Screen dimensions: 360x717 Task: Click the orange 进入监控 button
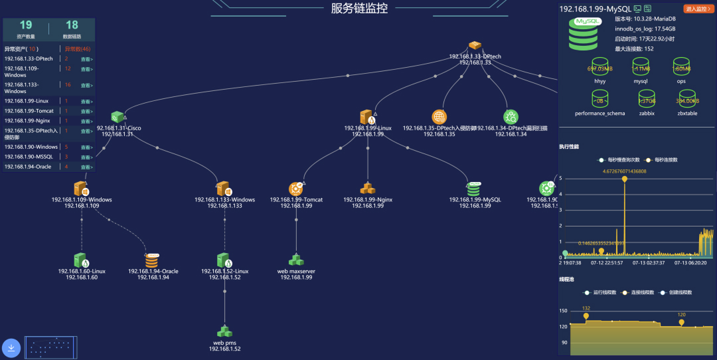point(699,9)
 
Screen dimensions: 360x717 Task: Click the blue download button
point(12,348)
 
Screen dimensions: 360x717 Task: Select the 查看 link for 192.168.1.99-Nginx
point(86,121)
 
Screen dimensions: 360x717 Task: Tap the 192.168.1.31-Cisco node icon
point(118,118)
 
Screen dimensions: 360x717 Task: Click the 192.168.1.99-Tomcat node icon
point(295,189)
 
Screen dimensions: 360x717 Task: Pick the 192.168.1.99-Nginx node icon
point(368,189)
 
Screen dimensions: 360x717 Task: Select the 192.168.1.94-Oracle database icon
point(153,260)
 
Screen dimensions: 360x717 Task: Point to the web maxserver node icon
point(295,260)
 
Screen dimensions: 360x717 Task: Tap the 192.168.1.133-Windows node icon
point(224,189)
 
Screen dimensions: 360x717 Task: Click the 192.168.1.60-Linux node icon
point(81,260)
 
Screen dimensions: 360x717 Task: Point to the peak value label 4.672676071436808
point(624,171)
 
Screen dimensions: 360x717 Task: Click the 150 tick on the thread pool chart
point(564,311)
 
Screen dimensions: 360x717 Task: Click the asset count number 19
point(25,25)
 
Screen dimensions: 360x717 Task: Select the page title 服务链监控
point(359,8)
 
